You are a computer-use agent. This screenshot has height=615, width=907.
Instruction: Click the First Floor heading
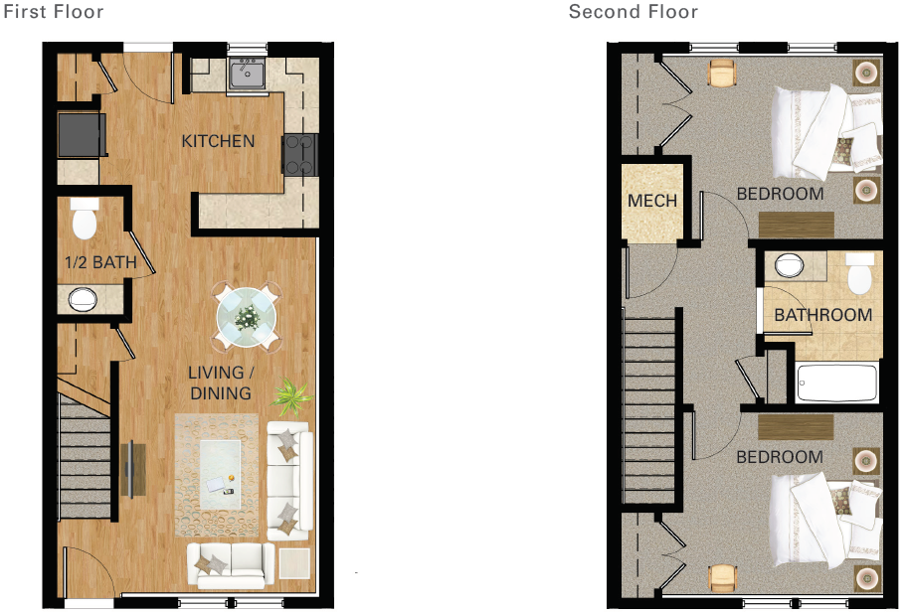click(54, 12)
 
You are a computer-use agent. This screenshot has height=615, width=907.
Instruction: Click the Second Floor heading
click(633, 12)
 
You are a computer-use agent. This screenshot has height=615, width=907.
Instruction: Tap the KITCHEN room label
click(218, 141)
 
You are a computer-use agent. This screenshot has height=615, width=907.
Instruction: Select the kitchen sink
click(246, 74)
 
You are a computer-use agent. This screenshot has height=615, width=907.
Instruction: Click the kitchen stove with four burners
click(300, 154)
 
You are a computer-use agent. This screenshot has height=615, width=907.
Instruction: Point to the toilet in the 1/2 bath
click(85, 222)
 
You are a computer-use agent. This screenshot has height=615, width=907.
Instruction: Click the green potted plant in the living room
click(292, 398)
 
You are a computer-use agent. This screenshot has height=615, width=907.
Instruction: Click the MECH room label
click(651, 201)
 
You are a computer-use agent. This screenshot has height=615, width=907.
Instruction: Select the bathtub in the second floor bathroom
click(836, 383)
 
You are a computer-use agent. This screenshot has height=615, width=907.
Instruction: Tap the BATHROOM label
click(822, 315)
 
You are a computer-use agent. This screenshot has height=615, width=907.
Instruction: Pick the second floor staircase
click(651, 408)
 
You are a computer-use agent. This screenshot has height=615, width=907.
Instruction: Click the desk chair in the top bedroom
click(721, 73)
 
